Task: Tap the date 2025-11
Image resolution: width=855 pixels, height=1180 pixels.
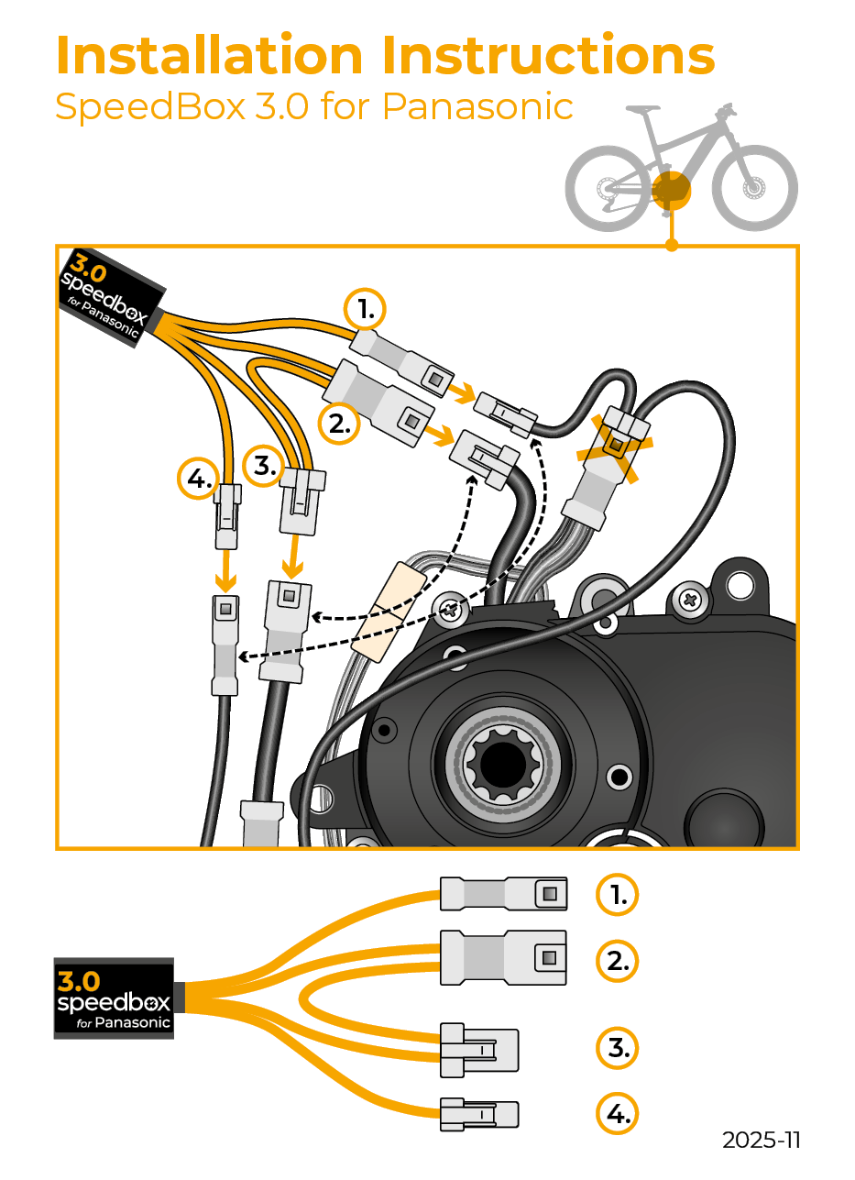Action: (x=761, y=1140)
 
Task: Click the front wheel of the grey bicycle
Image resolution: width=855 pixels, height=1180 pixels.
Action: (x=754, y=189)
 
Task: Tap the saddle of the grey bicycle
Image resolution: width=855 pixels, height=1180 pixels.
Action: (x=641, y=110)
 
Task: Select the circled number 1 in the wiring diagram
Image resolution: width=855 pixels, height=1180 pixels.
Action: (x=366, y=310)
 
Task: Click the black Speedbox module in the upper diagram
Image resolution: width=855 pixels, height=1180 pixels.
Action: (x=110, y=293)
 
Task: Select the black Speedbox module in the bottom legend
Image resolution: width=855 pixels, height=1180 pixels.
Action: (x=114, y=998)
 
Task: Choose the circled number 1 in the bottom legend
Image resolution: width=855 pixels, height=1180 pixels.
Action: (x=618, y=894)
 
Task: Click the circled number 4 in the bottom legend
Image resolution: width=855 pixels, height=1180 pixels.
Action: (x=618, y=1114)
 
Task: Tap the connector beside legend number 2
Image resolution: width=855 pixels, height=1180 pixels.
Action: (x=504, y=958)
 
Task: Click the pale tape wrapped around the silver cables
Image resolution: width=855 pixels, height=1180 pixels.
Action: (x=389, y=612)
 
